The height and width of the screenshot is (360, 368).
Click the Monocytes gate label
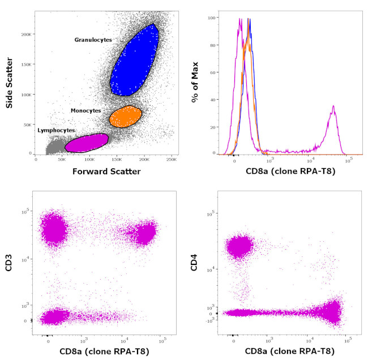85,111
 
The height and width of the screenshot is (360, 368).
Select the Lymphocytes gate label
56,130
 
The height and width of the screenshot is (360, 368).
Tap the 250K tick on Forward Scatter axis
172,160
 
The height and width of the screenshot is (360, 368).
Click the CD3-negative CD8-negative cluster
51,316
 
